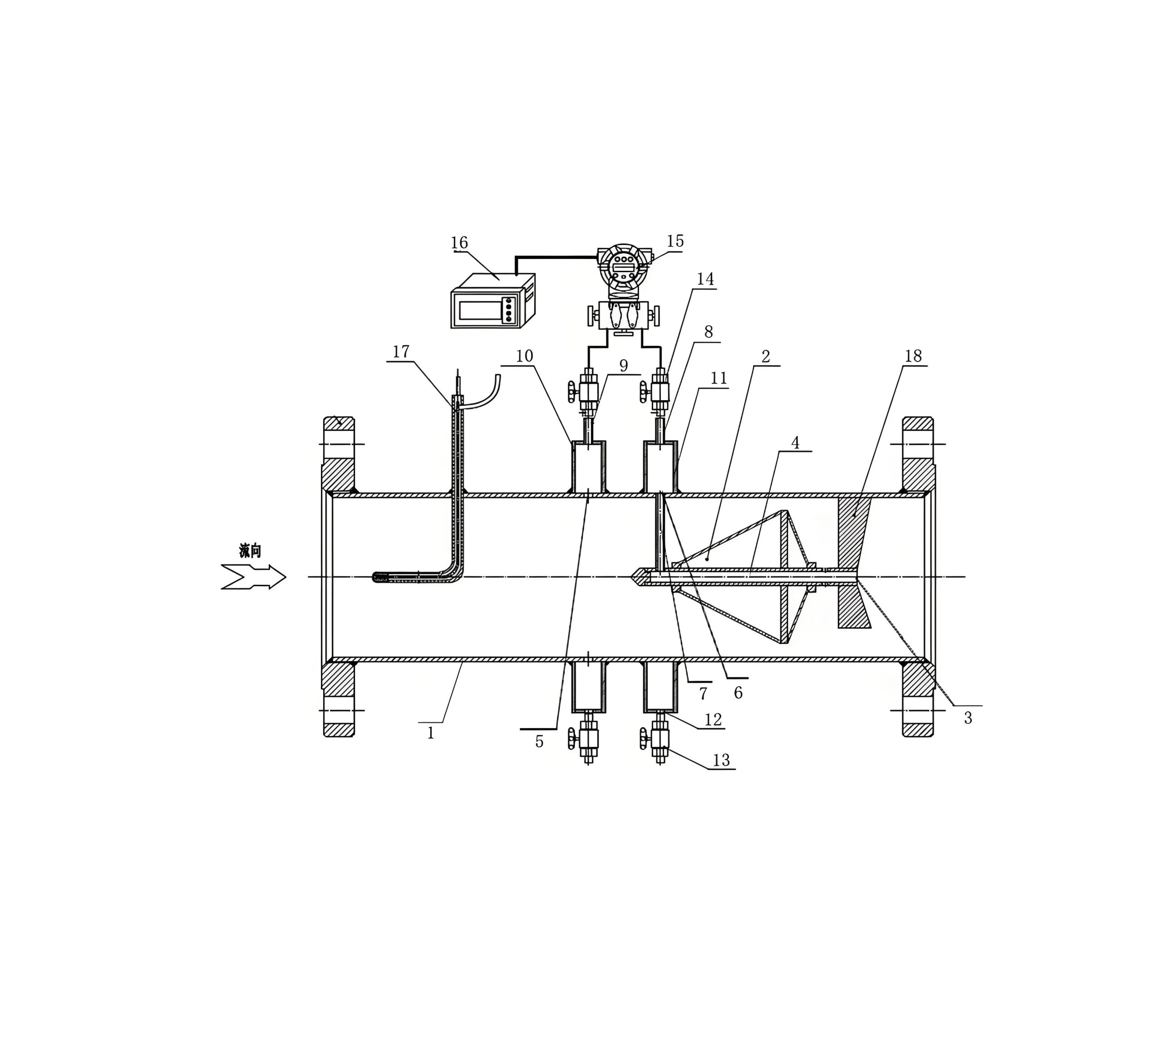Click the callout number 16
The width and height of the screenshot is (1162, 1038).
tap(459, 243)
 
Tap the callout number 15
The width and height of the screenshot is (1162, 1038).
tap(675, 241)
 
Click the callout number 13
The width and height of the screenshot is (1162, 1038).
tap(721, 760)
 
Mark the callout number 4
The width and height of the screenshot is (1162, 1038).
tap(795, 443)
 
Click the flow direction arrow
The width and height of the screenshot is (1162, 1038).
tap(253, 577)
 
